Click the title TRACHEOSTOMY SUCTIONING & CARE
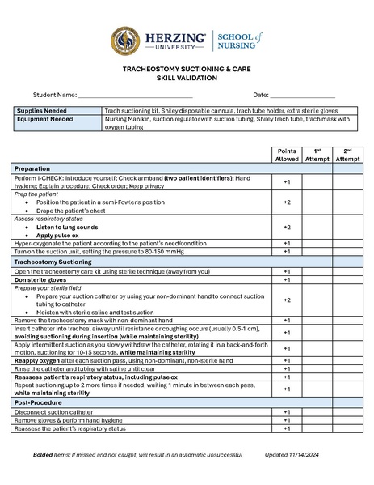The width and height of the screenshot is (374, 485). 187,70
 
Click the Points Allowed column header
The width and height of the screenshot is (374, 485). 287,155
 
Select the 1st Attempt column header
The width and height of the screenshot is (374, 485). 317,155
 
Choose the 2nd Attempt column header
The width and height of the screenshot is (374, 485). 347,155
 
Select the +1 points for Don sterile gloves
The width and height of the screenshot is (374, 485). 287,280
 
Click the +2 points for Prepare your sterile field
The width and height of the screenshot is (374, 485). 287,300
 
